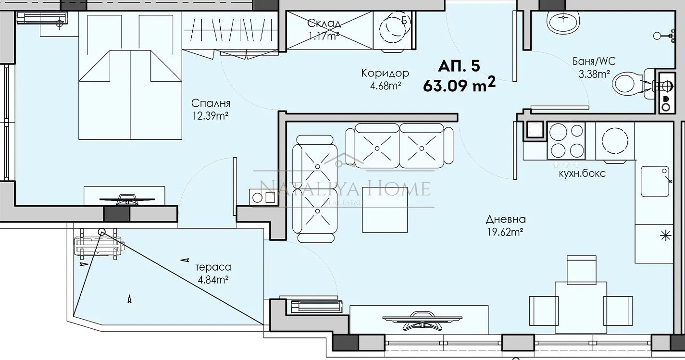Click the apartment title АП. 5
[459, 66]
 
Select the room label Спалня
[211, 103]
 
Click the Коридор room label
[385, 73]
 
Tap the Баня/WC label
[594, 62]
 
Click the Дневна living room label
[505, 220]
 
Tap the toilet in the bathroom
[630, 85]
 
